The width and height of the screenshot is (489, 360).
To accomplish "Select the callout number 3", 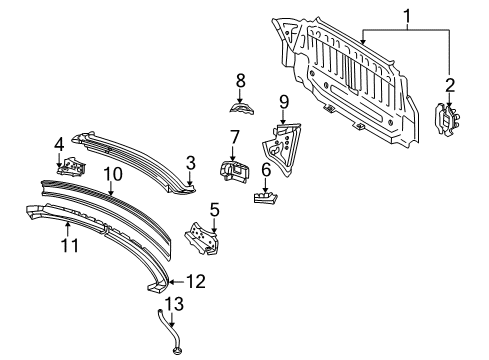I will [x=190, y=161].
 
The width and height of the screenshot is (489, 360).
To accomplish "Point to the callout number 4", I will [x=60, y=143].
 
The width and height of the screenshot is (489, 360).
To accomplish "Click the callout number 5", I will [x=214, y=209].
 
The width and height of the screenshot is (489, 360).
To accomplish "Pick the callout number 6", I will [x=266, y=170].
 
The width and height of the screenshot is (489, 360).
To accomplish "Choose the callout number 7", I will [x=234, y=136].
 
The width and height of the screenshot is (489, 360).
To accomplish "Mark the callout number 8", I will [x=240, y=79].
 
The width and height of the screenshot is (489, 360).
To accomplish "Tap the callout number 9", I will [x=283, y=100].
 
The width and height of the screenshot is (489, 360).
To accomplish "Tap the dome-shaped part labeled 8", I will [x=240, y=107].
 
